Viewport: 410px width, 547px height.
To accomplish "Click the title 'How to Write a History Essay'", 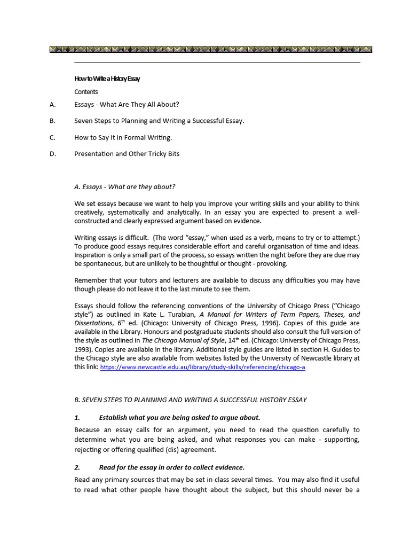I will tap(107, 79).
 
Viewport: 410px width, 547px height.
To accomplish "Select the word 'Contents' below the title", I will tap(86, 92).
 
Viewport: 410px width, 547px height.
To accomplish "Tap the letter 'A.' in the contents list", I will tap(52, 105).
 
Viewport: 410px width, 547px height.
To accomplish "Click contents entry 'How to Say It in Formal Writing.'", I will tap(123, 137).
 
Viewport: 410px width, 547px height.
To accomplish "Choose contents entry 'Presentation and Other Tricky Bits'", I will tap(127, 154).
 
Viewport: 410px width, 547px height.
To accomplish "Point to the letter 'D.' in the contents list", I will tap(52, 154).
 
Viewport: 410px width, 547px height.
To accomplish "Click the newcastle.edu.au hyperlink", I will tap(202, 368).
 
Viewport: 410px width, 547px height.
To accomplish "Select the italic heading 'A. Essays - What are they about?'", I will tap(124, 186).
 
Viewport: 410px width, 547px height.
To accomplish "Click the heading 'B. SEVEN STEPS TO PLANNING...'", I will tap(190, 400).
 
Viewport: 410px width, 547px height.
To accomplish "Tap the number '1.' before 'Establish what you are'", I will tap(77, 417).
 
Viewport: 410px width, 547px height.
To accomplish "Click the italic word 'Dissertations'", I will tap(93, 323).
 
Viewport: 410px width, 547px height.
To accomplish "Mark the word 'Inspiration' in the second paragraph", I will tap(91, 255).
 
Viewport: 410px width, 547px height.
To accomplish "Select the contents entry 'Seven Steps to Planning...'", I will tap(159, 121).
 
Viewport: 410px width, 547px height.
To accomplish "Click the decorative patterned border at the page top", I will tap(210, 49).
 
